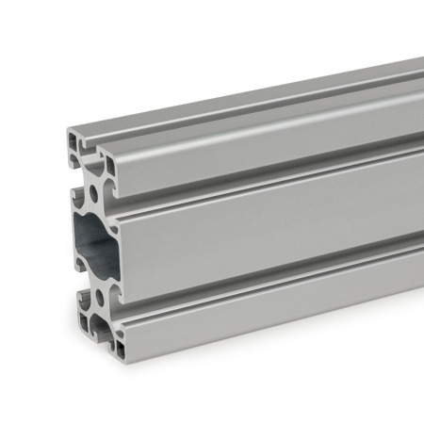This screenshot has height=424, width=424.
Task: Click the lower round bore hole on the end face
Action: pyautogui.click(x=99, y=301)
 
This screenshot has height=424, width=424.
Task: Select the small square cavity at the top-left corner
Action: pyautogui.click(x=74, y=143)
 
